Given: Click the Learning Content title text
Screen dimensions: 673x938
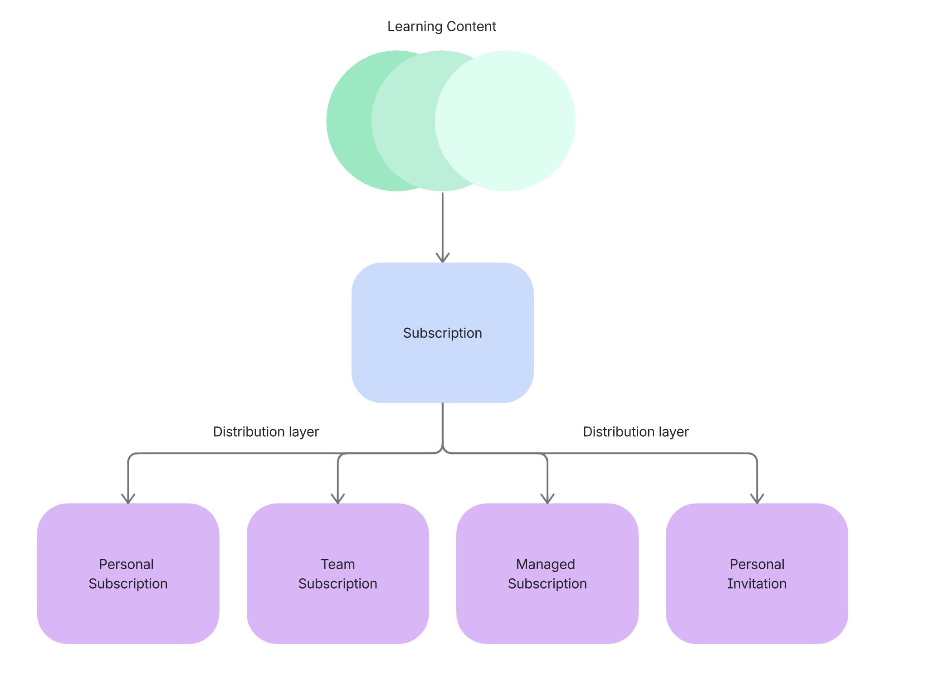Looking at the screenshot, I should tap(441, 27).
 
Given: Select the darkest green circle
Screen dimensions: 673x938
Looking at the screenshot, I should tap(349, 121).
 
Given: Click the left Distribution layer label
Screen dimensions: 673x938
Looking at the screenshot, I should tap(266, 432).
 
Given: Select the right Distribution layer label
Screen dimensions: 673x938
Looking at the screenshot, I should tap(635, 432).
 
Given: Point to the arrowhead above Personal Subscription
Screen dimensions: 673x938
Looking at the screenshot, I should tap(128, 499).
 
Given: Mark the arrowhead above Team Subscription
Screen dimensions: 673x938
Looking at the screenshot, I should tap(338, 499).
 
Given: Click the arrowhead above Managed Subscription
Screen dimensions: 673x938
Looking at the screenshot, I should tap(547, 499).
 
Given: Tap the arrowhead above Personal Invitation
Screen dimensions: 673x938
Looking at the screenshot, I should tap(757, 499).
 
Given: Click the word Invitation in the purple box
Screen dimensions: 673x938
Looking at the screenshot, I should tap(757, 584).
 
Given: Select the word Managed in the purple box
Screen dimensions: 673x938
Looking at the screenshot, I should tap(545, 564).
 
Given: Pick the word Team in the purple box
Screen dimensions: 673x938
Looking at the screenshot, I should tap(337, 564).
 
